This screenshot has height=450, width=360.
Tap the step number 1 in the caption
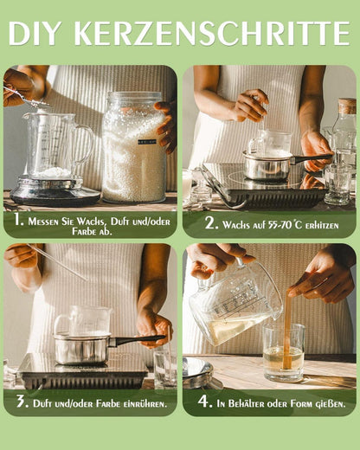tap(17, 221)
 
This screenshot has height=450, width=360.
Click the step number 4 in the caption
tap(204, 402)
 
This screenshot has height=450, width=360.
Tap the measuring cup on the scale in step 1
tap(57, 147)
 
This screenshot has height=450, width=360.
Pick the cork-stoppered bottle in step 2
tap(344, 134)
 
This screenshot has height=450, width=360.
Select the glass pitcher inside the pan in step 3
tap(83, 322)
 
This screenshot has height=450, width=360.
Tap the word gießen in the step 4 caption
tap(326, 402)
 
